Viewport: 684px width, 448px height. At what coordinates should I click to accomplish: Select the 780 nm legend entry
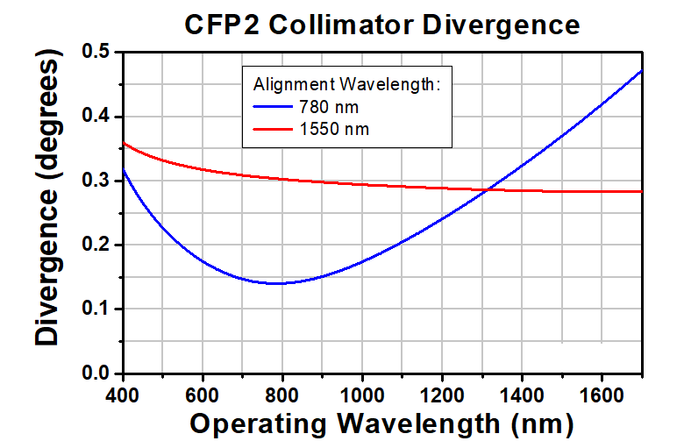[329, 107]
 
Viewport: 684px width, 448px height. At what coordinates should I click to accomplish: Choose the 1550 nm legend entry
[333, 129]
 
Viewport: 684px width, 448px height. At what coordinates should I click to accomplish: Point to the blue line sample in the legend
[275, 107]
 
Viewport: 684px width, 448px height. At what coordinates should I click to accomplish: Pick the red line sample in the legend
[275, 129]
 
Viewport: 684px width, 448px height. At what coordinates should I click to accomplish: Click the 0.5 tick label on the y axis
[99, 53]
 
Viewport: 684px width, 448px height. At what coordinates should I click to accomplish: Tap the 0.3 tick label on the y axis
[99, 181]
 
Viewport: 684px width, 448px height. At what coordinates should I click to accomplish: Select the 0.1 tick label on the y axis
[99, 309]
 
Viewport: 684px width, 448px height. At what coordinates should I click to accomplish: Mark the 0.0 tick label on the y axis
[99, 373]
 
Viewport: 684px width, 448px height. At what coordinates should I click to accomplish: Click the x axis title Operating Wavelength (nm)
[382, 423]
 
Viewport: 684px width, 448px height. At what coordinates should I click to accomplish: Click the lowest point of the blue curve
[277, 283]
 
